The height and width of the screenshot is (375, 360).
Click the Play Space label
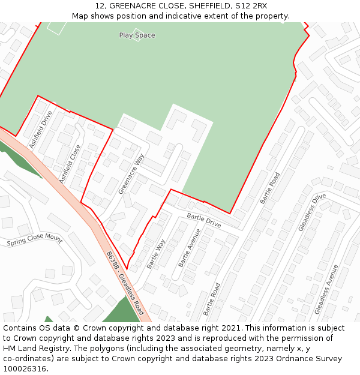click(x=137, y=35)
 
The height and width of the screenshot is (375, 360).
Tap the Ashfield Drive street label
click(x=41, y=130)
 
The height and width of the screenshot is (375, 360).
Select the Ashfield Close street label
click(x=70, y=164)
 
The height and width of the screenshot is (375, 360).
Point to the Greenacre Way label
click(x=131, y=174)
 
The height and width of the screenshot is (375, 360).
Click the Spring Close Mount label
click(x=34, y=241)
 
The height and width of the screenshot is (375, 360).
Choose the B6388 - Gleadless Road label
click(x=125, y=283)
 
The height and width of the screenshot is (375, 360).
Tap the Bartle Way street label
click(x=156, y=253)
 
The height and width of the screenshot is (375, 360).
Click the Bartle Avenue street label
click(x=189, y=248)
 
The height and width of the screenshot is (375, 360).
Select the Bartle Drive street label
click(x=204, y=220)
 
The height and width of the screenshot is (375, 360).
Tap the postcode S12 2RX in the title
click(x=252, y=6)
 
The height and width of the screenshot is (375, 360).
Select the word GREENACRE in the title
click(x=130, y=6)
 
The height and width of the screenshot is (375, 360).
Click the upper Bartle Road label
click(x=270, y=188)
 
